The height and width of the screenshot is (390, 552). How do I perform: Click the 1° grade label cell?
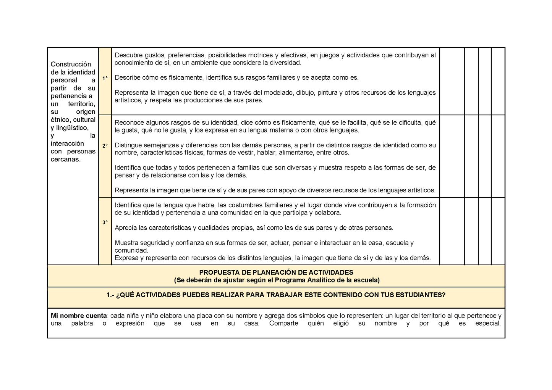point(105,78)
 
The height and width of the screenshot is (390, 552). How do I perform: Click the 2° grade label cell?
point(105,146)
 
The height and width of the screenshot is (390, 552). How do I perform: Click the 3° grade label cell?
point(105,222)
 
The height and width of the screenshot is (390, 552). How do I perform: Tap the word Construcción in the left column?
point(71,64)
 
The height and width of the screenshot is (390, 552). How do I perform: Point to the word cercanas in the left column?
point(65,160)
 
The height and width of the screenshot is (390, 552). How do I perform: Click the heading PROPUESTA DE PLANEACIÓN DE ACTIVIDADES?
point(276,272)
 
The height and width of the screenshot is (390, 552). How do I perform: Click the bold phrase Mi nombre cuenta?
point(79,316)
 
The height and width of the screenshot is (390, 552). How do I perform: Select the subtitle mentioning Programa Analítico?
point(276,280)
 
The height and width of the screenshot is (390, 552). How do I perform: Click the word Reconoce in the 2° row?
point(128,122)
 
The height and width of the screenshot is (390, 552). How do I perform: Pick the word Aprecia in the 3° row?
point(126,228)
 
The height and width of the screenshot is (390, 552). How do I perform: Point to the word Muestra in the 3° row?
point(126,243)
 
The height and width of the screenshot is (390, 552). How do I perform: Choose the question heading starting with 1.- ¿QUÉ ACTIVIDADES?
point(276,295)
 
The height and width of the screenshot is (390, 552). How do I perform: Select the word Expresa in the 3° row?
point(126,258)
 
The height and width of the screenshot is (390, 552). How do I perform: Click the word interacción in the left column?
point(67,143)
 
